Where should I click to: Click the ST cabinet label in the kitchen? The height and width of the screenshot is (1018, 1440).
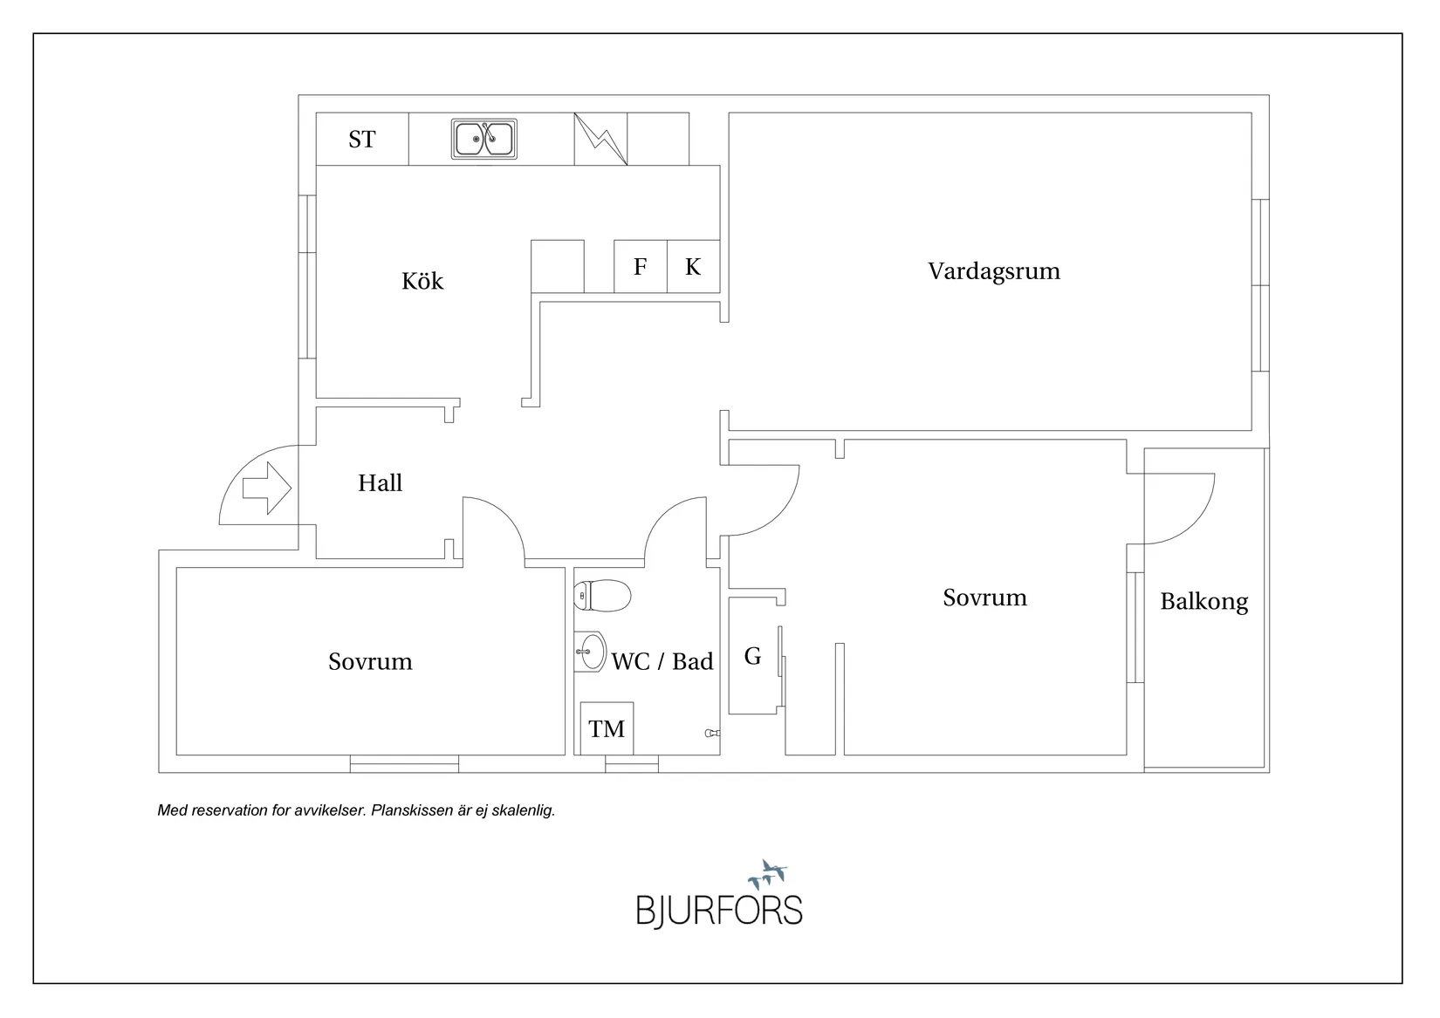[361, 140]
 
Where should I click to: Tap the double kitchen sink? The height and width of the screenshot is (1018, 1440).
[484, 139]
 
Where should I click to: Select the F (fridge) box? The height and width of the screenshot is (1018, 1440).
[640, 267]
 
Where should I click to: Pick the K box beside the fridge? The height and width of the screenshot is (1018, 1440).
[693, 267]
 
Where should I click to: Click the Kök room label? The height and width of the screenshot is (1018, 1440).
[422, 281]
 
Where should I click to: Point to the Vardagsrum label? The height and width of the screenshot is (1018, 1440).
[994, 270]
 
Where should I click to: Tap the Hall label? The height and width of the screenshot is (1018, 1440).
[380, 483]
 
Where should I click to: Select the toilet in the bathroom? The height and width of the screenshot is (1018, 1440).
[603, 596]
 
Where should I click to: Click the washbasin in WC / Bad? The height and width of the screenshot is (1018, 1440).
[592, 651]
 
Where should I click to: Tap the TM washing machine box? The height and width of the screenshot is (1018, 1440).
[607, 728]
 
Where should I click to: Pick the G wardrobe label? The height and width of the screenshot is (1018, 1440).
[752, 656]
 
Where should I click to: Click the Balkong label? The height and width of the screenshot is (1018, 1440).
[1203, 601]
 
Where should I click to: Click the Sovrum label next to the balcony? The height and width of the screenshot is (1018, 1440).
[984, 598]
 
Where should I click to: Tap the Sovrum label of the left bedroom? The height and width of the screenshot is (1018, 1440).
[370, 661]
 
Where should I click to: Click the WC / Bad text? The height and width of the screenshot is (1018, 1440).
[662, 661]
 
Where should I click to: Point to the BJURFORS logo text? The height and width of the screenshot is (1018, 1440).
[718, 910]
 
